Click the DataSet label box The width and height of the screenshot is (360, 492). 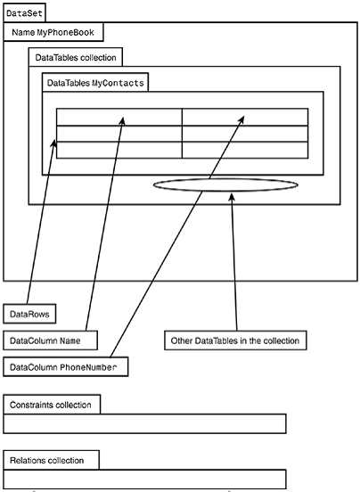point(24,12)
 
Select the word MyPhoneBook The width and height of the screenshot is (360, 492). point(66,32)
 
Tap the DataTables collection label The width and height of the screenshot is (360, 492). point(76,57)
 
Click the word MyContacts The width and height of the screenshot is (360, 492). point(118,83)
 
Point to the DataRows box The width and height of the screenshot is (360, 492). point(29,314)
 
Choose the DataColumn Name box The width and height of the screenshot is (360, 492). point(50,340)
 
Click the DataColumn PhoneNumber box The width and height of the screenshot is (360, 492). point(66,367)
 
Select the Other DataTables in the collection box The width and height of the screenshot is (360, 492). point(235,340)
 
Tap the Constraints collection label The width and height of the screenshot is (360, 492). point(51,405)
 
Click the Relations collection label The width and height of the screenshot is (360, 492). point(46,460)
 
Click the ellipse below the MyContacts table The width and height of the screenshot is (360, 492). point(225,179)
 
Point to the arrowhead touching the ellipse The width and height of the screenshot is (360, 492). point(232,197)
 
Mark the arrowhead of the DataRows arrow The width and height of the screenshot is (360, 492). point(54,143)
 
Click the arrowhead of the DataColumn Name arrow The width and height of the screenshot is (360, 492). point(122,121)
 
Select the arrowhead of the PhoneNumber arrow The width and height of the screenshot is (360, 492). point(241,119)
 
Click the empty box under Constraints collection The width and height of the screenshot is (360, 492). point(144,423)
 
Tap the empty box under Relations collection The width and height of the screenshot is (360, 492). point(144,480)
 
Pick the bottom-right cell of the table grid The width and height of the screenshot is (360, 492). point(245,150)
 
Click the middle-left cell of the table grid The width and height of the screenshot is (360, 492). point(119,134)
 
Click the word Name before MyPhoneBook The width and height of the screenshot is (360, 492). point(23,32)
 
